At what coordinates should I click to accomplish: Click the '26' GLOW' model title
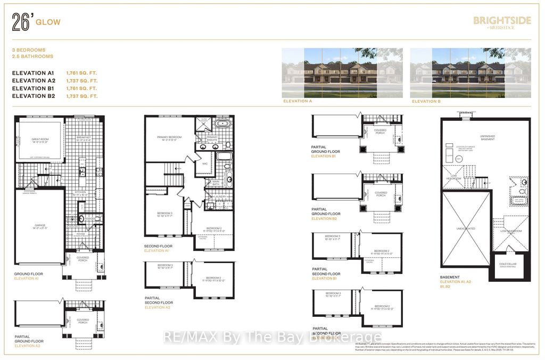pyautogui.click(x=37, y=22)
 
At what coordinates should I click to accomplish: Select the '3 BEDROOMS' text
pyautogui.click(x=29, y=50)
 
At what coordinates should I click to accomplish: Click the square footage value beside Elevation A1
pyautogui.click(x=81, y=72)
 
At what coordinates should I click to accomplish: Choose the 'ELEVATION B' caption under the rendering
pyautogui.click(x=426, y=101)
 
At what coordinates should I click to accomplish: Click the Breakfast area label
pyautogui.click(x=84, y=137)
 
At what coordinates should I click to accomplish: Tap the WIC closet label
pyautogui.click(x=204, y=163)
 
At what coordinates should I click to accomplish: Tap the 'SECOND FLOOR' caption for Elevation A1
pyautogui.click(x=156, y=246)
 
